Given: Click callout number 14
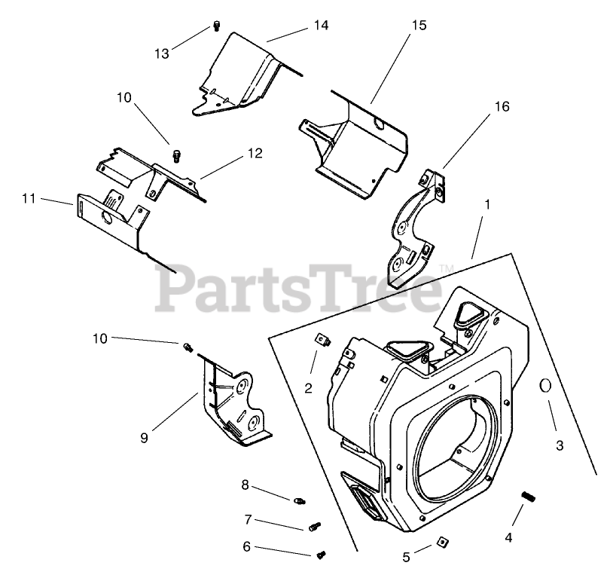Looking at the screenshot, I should [x=321, y=26].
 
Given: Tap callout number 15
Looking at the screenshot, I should [x=419, y=26].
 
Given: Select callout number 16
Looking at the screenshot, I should [x=502, y=106].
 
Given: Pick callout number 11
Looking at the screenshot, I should [x=29, y=199].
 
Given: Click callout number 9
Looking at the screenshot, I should [x=144, y=437].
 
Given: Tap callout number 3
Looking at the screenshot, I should [x=559, y=445].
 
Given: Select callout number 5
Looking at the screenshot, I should [x=406, y=558].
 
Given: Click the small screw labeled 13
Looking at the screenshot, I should [x=216, y=27].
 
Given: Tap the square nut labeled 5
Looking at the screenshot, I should [x=443, y=541].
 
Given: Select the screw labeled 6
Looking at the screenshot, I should [x=323, y=555].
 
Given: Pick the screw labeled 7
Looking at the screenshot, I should [x=314, y=526].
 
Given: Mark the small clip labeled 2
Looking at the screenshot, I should [x=321, y=341].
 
